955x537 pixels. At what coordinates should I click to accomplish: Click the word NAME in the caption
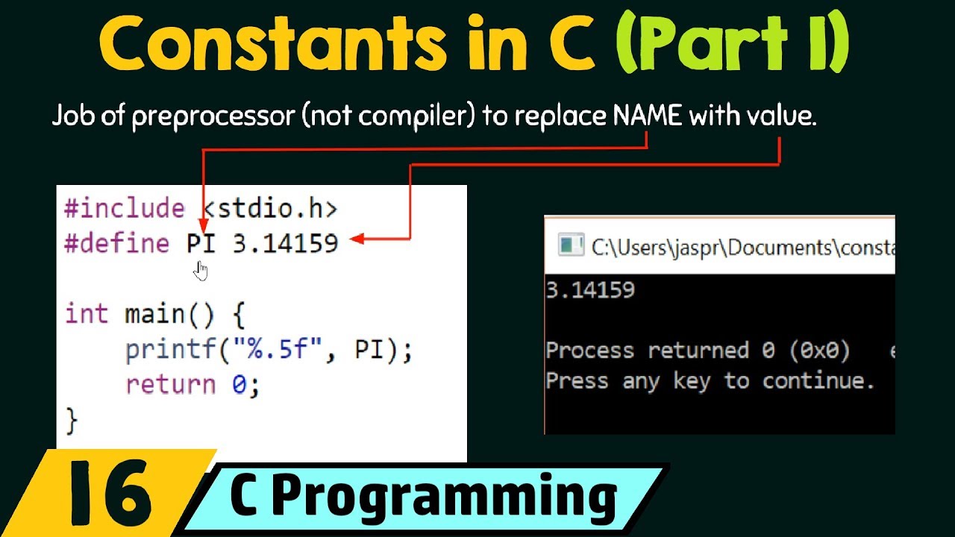[646, 117]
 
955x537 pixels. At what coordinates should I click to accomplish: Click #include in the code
[124, 208]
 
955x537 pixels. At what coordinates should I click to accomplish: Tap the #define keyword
[116, 243]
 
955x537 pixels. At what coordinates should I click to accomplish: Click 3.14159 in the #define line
[286, 243]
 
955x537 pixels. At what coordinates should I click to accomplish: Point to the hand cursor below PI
[201, 270]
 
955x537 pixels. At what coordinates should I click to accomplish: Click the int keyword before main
[87, 313]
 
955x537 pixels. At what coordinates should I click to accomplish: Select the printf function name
[163, 349]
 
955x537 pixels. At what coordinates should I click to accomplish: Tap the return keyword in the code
[170, 384]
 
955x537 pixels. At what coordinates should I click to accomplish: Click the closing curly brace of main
[72, 420]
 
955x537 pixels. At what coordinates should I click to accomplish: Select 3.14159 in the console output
[590, 289]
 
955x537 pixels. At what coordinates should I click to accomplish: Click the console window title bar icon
[572, 246]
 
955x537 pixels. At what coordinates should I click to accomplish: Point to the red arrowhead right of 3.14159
[356, 239]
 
